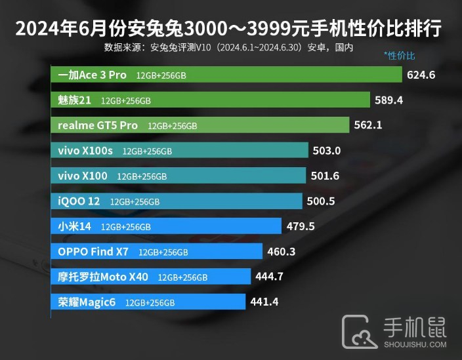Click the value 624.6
pos(421,75)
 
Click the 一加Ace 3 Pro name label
pos(92,75)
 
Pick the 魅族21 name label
pos(74,100)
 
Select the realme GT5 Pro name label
pos(98,125)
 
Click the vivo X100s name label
pos(85,151)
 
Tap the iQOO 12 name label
pos(79,201)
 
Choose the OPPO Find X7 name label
pos(93,251)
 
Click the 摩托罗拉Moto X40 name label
pos(103,277)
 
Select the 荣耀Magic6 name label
pos(87,302)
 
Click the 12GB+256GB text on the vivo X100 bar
pos(142,176)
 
